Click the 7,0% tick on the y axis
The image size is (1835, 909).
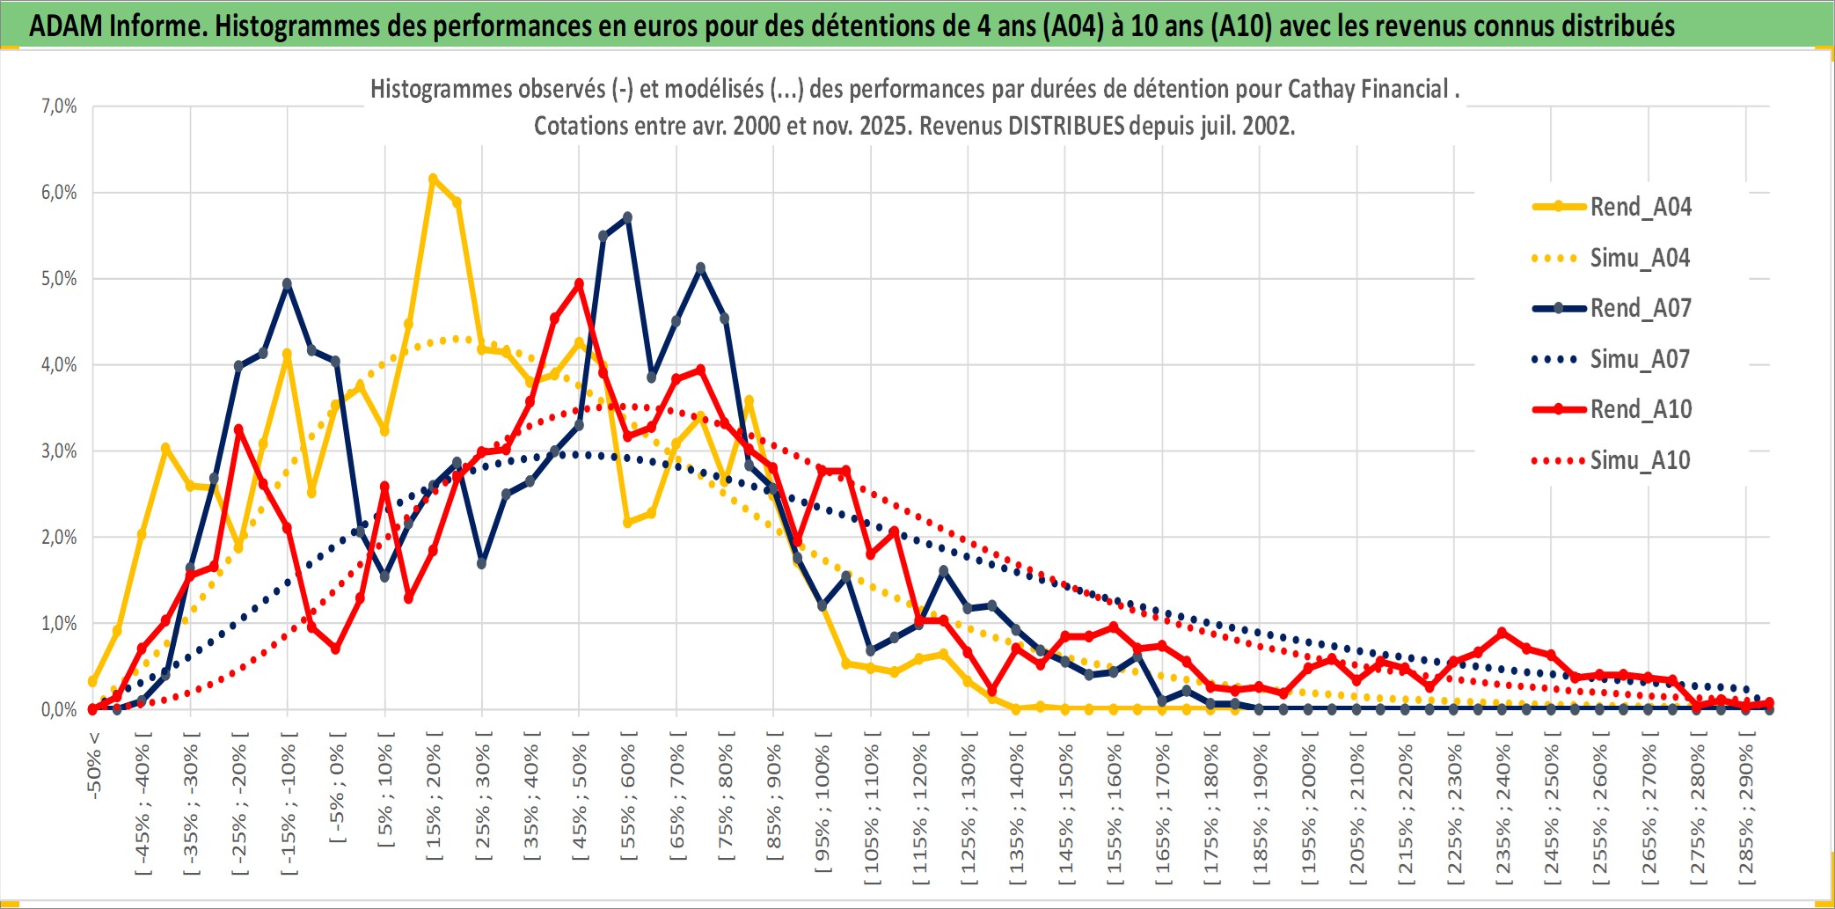(59, 106)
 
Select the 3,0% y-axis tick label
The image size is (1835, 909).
(59, 451)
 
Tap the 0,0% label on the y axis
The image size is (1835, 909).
(59, 710)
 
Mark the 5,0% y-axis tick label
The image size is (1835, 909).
(59, 279)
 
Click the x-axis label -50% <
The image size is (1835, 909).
(94, 766)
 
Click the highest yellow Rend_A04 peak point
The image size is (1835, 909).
(433, 179)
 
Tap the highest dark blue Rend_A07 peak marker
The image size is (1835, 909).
(627, 216)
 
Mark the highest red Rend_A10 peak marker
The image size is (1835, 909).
(579, 284)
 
